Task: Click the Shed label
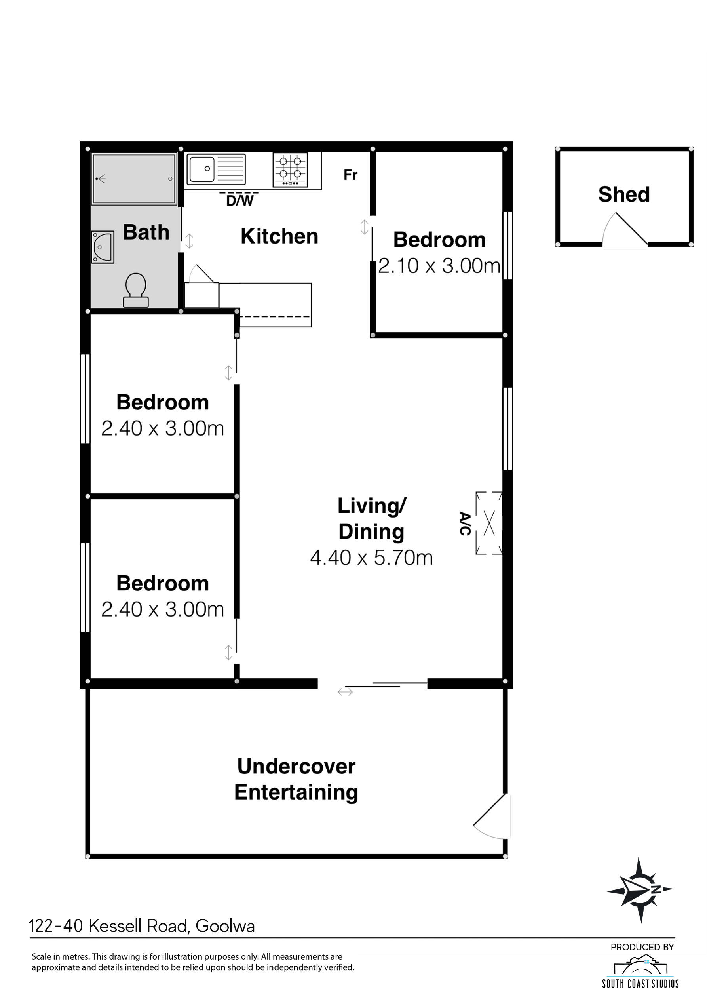point(624,194)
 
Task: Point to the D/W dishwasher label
point(240,200)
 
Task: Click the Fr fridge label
point(350,175)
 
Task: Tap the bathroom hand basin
point(103,247)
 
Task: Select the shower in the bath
point(134,179)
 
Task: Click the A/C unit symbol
point(489,523)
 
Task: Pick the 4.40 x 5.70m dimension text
point(371,558)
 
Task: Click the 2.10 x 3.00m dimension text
point(439,266)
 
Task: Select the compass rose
point(640,890)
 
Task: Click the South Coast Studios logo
point(640,972)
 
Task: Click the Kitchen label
point(279,236)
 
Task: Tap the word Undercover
point(296,767)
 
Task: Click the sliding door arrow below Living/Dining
point(345,692)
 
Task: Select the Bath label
point(146,232)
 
